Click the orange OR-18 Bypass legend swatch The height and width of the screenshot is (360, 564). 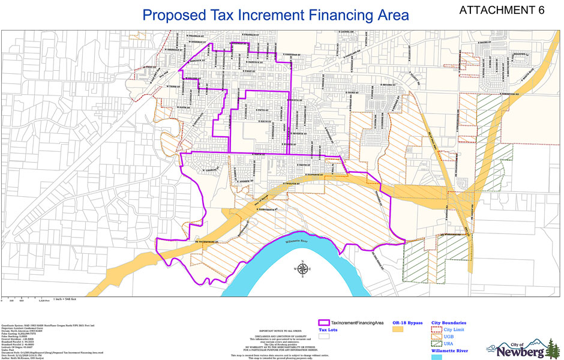397,329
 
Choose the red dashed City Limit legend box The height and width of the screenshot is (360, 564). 437,329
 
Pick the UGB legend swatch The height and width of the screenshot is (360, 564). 437,337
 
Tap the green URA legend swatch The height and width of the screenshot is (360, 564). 437,344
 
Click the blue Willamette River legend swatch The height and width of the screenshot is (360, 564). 437,357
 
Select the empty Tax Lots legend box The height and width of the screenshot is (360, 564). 325,337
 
